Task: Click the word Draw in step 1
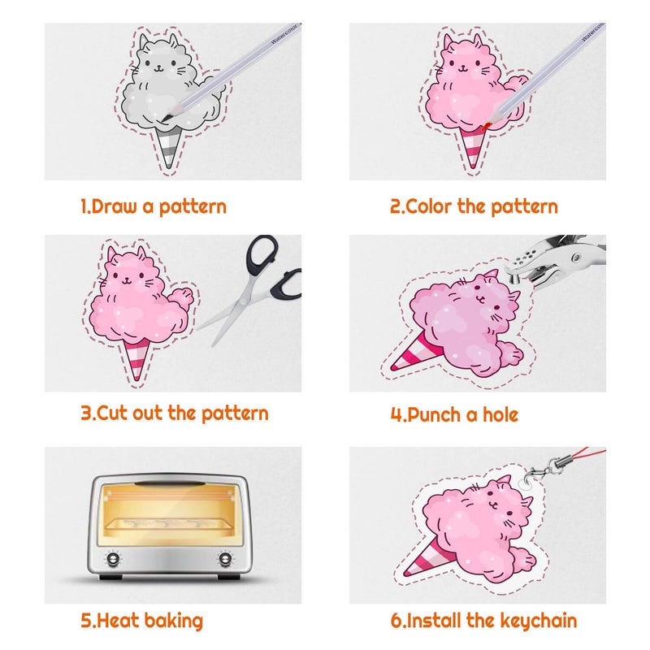[x=114, y=206]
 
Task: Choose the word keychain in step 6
[x=538, y=621]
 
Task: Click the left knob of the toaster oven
[x=113, y=559]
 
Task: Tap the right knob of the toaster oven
[x=225, y=559]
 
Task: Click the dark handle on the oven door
[x=170, y=483]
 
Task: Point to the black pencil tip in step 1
[x=166, y=118]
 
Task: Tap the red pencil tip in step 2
[x=487, y=126]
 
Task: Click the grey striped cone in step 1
[x=169, y=147]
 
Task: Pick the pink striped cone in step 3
[x=136, y=359]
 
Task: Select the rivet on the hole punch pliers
[x=575, y=258]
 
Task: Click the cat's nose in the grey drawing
[x=158, y=67]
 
